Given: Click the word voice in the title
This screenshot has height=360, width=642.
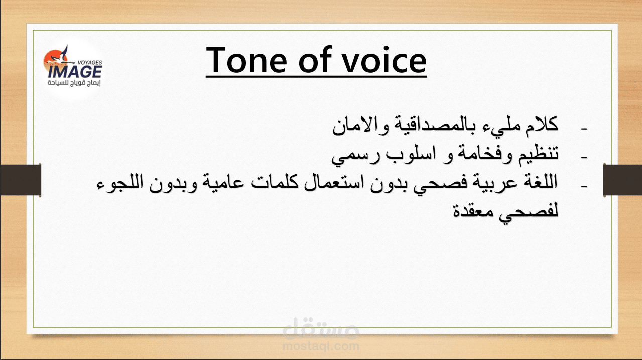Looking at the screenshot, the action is click(x=384, y=60).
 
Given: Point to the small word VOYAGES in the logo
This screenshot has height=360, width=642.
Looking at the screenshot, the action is click(x=90, y=62).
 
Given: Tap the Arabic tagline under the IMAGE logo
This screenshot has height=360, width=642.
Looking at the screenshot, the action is click(x=74, y=83).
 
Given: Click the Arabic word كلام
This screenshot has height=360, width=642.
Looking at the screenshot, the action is click(x=541, y=125).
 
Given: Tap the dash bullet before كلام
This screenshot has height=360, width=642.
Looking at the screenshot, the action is click(x=584, y=129).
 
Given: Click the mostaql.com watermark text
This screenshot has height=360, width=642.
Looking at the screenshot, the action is click(x=321, y=346).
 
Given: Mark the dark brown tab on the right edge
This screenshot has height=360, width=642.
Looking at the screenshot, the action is click(x=622, y=180).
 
